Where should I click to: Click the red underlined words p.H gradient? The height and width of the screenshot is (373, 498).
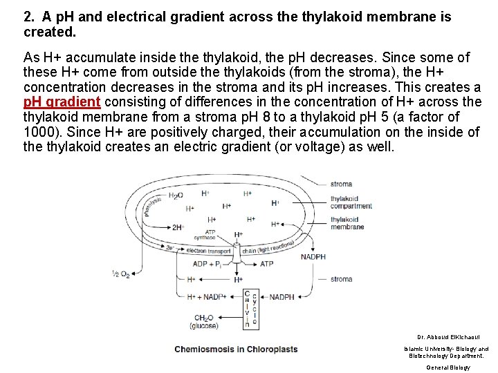pos(62,102)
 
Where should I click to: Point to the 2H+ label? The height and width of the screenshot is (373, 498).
pos(178,226)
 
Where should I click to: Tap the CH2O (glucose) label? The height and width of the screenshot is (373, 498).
pos(207,322)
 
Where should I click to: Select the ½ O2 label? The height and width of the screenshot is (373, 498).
pos(121,274)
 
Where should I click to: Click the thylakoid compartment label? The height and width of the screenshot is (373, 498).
pos(351,202)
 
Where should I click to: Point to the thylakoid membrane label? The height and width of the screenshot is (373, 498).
pos(347,223)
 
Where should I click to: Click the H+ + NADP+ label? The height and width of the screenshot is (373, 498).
pos(206,297)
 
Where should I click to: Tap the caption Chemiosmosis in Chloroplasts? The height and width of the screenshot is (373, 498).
pos(236,349)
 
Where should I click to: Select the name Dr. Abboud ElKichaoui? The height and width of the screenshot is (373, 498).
pos(445,336)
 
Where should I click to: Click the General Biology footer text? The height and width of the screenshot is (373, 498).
pos(448,367)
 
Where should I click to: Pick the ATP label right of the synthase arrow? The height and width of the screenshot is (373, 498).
pos(266,264)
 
